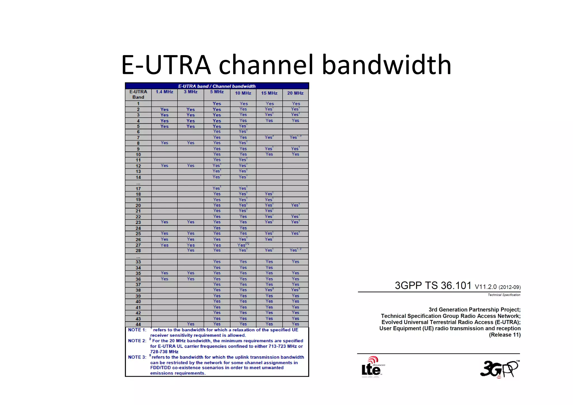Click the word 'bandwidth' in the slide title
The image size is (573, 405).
pyautogui.click(x=387, y=65)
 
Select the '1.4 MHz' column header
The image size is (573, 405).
pyautogui.click(x=164, y=92)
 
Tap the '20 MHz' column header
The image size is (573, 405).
pyautogui.click(x=295, y=93)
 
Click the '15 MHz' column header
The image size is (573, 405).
pyautogui.click(x=269, y=93)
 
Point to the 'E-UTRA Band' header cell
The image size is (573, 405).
pyautogui.click(x=138, y=94)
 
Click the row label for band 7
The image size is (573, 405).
pyautogui.click(x=138, y=138)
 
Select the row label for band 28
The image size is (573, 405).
pyautogui.click(x=138, y=251)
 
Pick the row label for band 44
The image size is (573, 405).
pyautogui.click(x=138, y=324)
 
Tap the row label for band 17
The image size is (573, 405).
pyautogui.click(x=138, y=189)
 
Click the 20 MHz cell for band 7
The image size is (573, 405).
pyautogui.click(x=295, y=137)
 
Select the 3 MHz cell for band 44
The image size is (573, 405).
pyautogui.click(x=191, y=324)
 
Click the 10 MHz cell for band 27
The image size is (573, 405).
pyautogui.click(x=243, y=245)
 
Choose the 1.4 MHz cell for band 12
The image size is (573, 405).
pyautogui.click(x=164, y=166)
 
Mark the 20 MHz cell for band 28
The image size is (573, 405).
pyautogui.click(x=295, y=250)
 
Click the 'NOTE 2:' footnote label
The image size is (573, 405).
pyautogui.click(x=137, y=341)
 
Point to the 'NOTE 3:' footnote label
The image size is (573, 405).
pyautogui.click(x=137, y=357)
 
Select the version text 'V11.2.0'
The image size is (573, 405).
pyautogui.click(x=485, y=287)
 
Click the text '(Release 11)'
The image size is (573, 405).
pyautogui.click(x=504, y=335)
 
